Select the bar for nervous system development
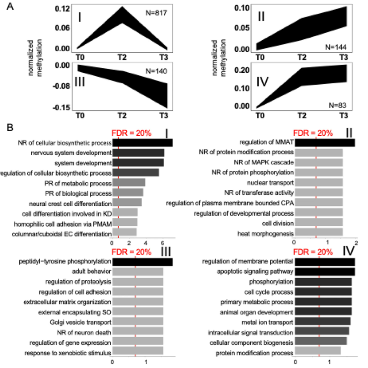click(x=138, y=152)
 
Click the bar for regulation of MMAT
click(x=325, y=143)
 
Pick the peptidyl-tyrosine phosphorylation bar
click(x=142, y=262)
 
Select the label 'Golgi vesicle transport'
click(x=82, y=321)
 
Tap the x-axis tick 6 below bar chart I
click(x=163, y=242)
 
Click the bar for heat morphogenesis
click(x=318, y=233)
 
